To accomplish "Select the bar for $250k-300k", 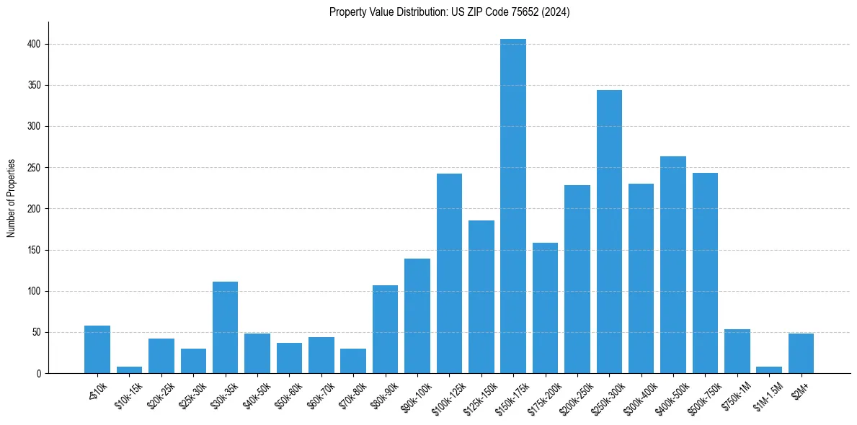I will click(609, 231).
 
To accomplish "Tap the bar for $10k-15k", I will click(129, 370).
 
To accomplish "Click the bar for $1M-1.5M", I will click(769, 370).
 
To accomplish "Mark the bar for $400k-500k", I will click(673, 264).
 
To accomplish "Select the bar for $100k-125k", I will click(449, 273).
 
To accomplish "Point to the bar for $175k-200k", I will click(545, 308).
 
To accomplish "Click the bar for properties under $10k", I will click(97, 349).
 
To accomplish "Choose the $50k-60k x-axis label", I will click(288, 394).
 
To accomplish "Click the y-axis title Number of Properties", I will click(12, 198).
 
